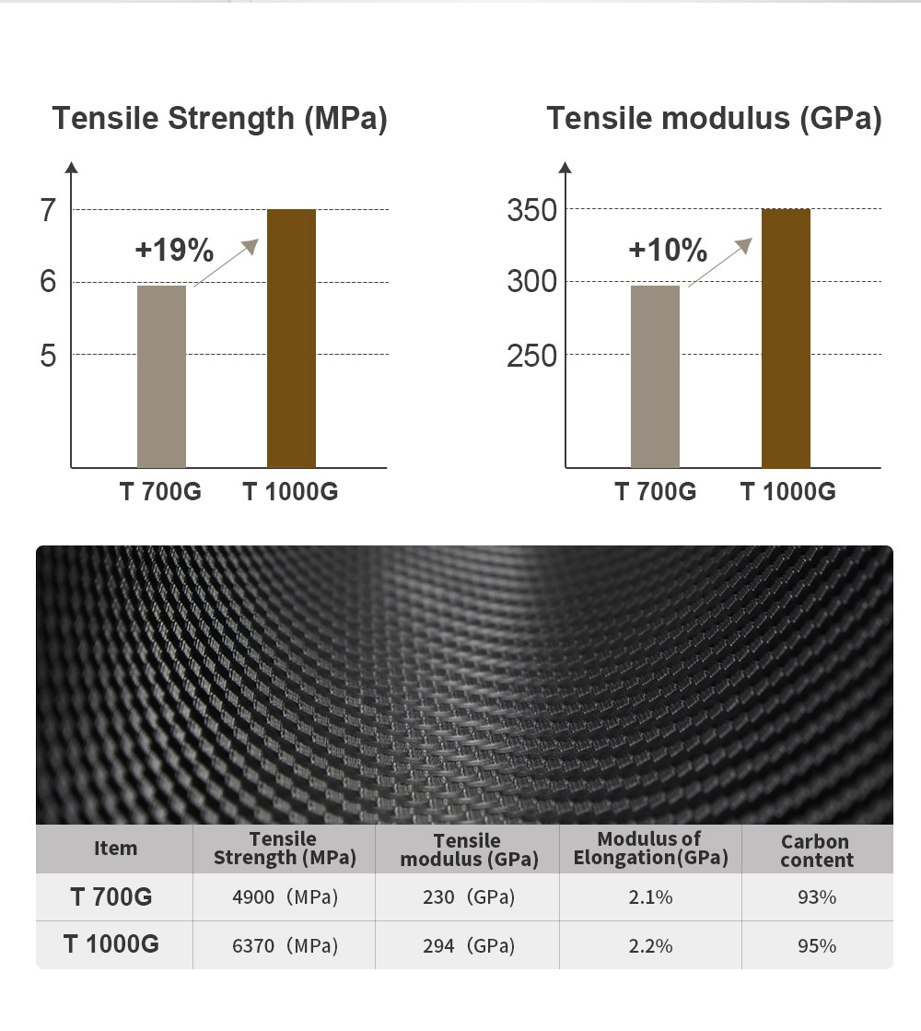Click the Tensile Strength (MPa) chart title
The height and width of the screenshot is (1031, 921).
[219, 120]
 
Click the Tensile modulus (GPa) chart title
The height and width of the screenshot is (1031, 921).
[714, 120]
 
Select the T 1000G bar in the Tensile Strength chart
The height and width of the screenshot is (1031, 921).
[291, 338]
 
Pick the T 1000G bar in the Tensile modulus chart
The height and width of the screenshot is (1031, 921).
[786, 338]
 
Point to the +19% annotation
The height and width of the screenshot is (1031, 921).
[174, 250]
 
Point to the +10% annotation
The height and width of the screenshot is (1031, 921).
[668, 250]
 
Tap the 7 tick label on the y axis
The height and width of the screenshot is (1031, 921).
[49, 211]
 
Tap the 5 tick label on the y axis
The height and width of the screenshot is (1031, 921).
[49, 356]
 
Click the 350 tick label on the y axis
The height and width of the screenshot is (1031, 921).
[531, 211]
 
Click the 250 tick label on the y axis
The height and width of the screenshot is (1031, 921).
[531, 356]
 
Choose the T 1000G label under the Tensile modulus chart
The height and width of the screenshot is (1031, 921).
[788, 492]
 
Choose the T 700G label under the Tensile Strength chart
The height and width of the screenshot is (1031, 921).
[160, 492]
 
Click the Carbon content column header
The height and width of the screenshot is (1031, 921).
[816, 850]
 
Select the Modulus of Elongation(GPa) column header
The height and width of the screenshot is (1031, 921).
[650, 849]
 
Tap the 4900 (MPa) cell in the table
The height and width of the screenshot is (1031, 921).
[284, 897]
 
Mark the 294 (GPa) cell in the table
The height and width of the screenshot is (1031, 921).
[467, 946]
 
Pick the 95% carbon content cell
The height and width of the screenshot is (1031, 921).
[816, 946]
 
